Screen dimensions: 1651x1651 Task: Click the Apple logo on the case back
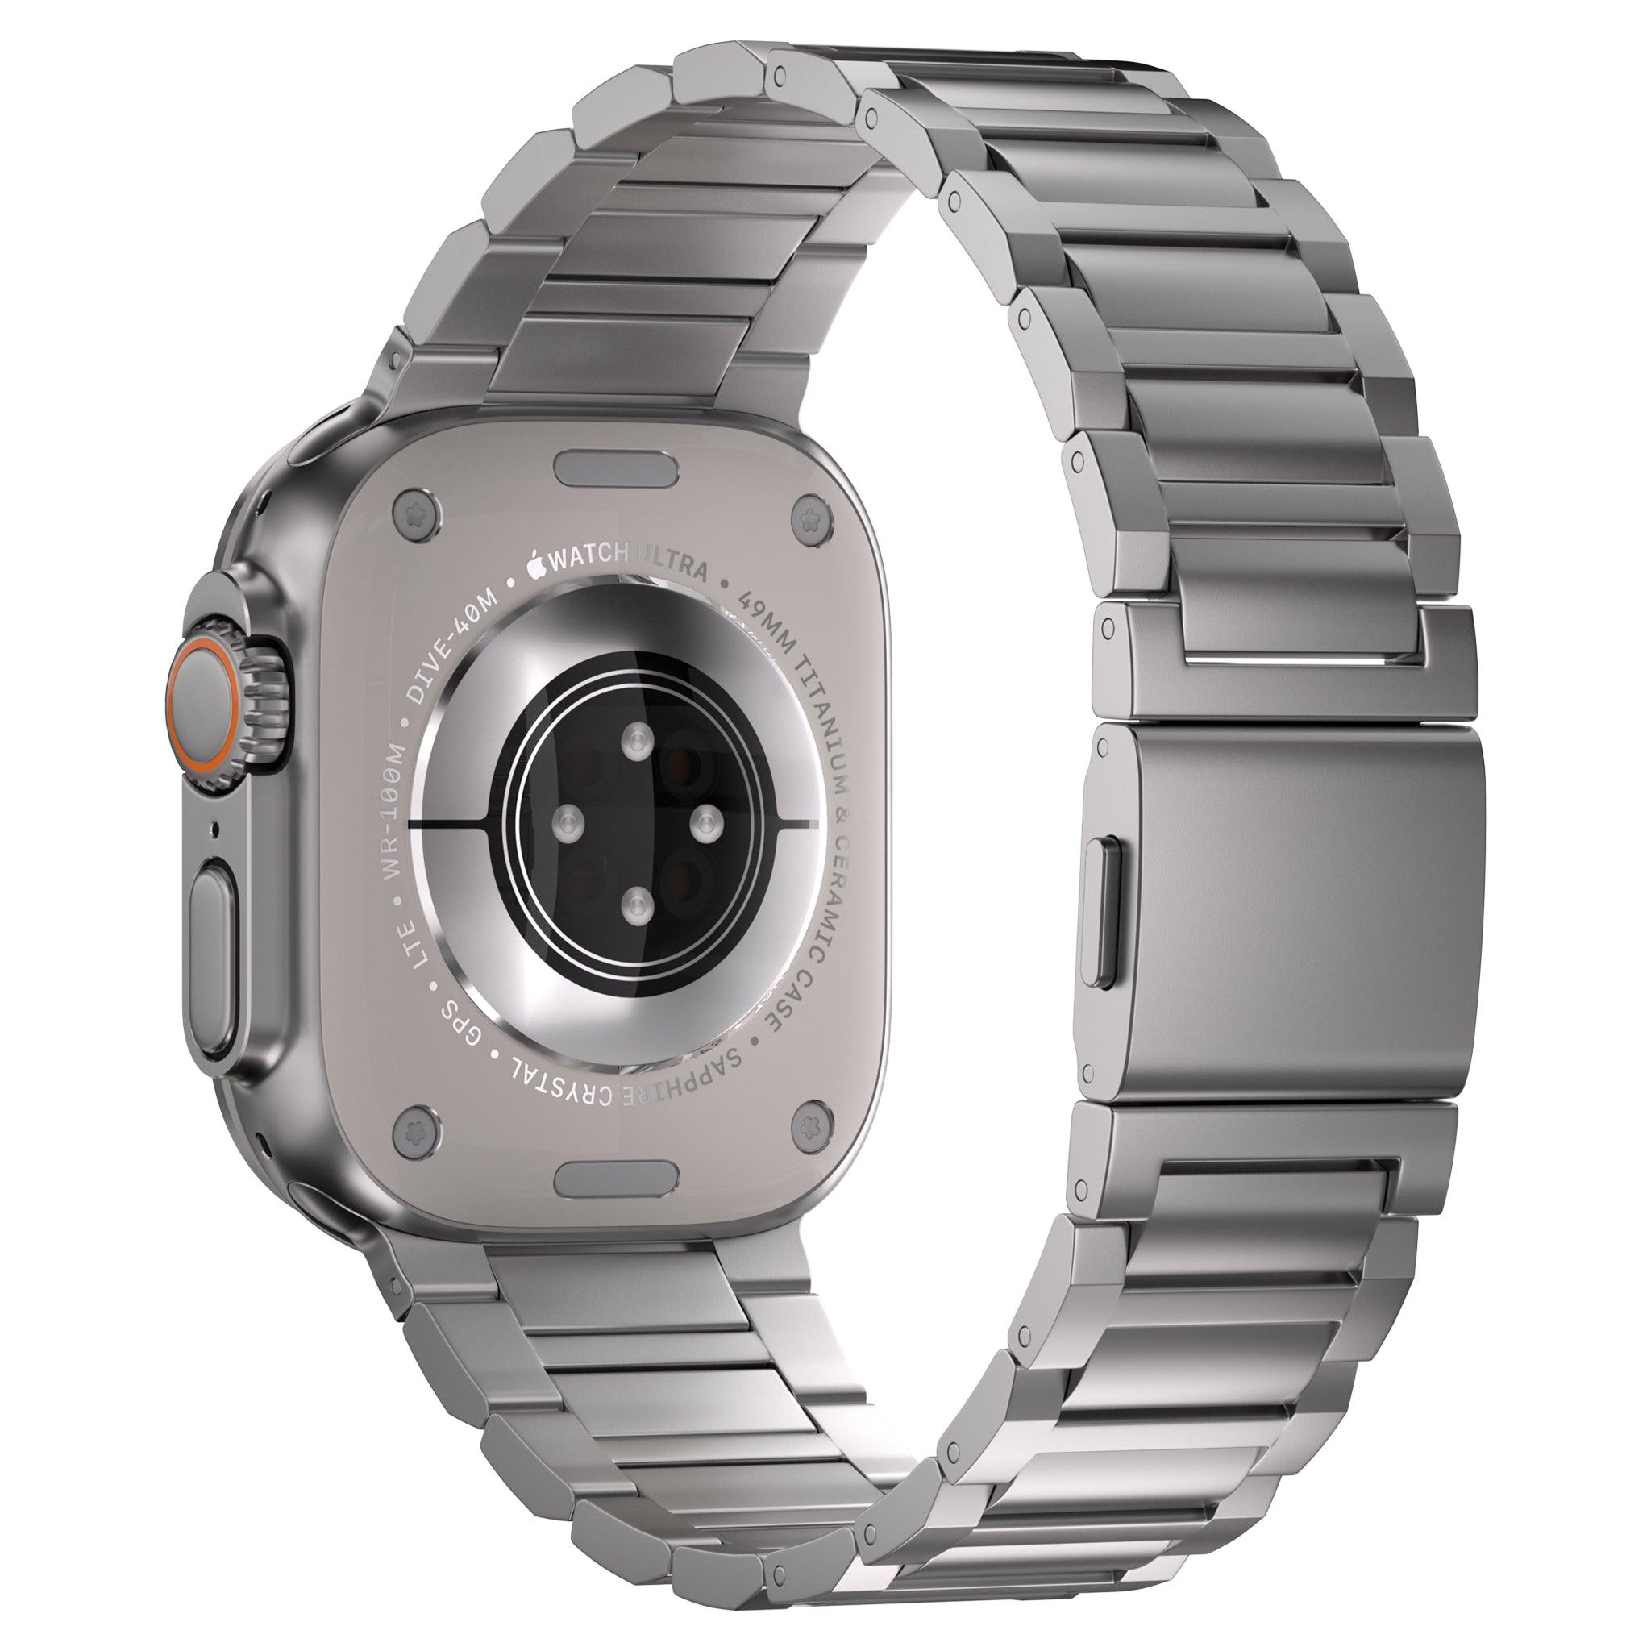click(536, 566)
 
